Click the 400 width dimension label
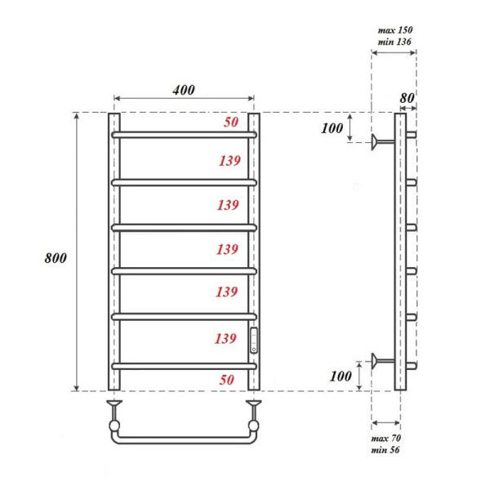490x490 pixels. [x=184, y=90]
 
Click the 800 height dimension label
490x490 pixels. [x=55, y=258]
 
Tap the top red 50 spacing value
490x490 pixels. [x=231, y=122]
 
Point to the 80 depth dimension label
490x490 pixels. [x=407, y=97]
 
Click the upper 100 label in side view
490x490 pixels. [x=332, y=129]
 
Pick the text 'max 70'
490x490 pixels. [x=385, y=439]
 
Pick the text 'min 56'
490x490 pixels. [x=385, y=451]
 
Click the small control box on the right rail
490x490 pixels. [x=254, y=339]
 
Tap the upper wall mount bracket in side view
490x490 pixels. [x=377, y=143]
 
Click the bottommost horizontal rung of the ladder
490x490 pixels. [x=184, y=363]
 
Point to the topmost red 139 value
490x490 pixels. [x=229, y=162]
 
